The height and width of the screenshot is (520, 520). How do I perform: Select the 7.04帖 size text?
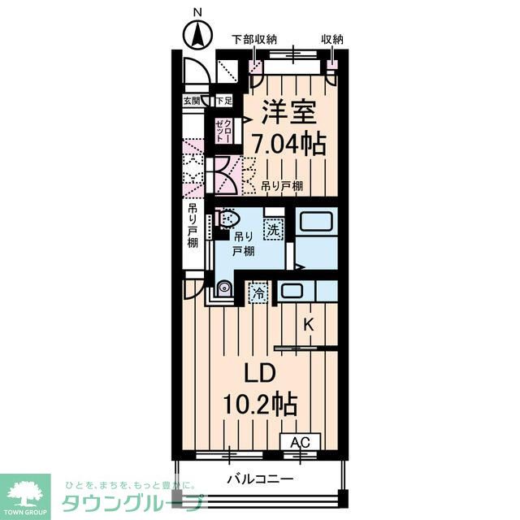tap(288, 145)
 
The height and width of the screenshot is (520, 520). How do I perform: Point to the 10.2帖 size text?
tap(261, 403)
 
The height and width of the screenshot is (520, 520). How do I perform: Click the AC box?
tap(301, 442)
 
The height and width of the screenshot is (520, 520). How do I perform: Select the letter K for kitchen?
tap(308, 324)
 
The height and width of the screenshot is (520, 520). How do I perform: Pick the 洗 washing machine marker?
tap(275, 229)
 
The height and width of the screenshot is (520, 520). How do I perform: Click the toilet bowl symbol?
tap(228, 219)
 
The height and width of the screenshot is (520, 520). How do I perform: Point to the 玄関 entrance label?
tap(192, 101)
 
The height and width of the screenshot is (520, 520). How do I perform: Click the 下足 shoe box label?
tap(223, 101)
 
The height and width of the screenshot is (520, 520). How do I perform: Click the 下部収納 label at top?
tap(254, 39)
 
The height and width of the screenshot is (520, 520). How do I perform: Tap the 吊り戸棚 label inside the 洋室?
tap(282, 186)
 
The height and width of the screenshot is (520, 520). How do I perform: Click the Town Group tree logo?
tap(25, 491)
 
